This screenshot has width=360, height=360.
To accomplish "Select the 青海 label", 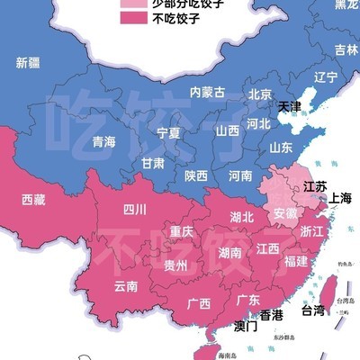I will [x=104, y=142].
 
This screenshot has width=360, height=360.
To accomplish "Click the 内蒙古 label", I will [x=207, y=92].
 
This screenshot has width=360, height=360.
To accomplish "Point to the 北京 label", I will [x=260, y=94].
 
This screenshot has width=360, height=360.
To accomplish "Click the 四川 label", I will [x=135, y=211].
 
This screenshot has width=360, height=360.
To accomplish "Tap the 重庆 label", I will [x=182, y=232].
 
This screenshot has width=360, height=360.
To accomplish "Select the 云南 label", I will [x=126, y=287].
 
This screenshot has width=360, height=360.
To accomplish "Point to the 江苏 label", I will [x=314, y=186].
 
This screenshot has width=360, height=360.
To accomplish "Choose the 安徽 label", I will [x=284, y=214].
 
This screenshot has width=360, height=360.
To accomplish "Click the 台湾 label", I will [x=311, y=311].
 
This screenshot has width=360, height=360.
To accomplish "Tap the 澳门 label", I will [x=245, y=326].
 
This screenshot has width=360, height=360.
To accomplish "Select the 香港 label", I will [x=271, y=315].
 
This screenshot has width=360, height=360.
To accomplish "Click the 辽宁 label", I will [x=325, y=77].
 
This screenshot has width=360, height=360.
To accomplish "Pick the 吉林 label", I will [x=346, y=49].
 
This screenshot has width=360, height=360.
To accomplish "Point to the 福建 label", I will [x=294, y=261].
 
